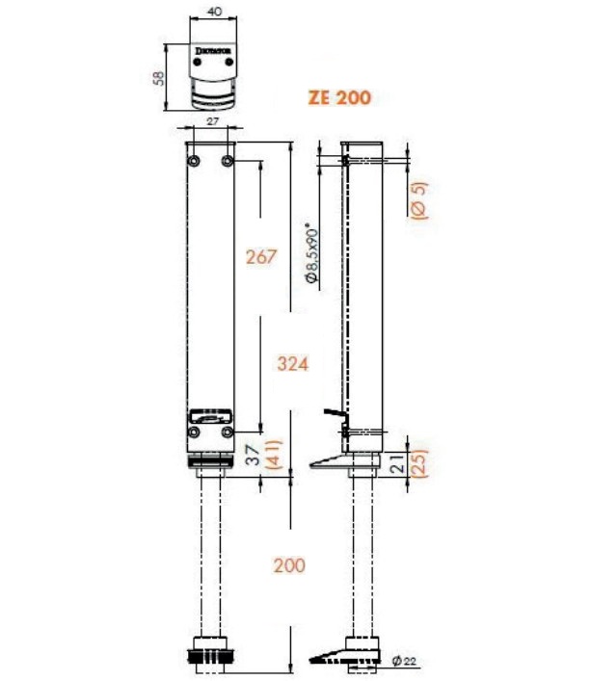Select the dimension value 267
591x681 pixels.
point(260,257)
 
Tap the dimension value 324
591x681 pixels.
point(292,364)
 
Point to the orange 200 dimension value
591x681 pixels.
point(288,564)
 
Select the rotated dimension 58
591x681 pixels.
point(160,77)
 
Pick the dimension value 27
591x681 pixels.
point(212,120)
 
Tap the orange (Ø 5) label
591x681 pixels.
point(417,200)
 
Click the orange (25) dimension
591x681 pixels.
point(417,463)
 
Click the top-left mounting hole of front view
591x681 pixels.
point(195,159)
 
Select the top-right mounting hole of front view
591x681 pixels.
point(228,159)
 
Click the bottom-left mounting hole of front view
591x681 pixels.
point(195,433)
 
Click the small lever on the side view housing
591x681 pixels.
point(334,415)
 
